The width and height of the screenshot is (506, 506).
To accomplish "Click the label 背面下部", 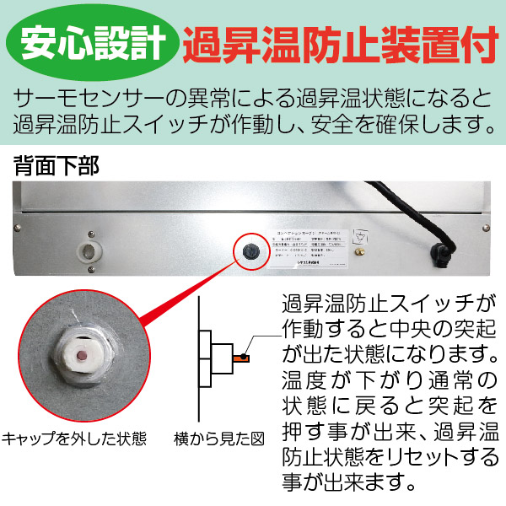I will pyautogui.click(x=56, y=164).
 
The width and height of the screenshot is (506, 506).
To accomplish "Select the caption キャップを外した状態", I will pyautogui.click(x=74, y=439).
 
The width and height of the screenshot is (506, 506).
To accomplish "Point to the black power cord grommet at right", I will pyautogui.click(x=441, y=251).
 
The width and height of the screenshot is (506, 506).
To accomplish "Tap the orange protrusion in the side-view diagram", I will pyautogui.click(x=241, y=358).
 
